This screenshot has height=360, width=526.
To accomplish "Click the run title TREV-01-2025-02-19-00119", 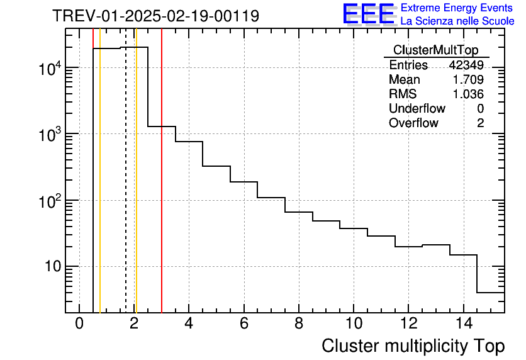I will click(155, 16).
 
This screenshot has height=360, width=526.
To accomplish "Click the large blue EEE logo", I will click(368, 14).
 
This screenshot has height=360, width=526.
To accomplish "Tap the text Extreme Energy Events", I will click(457, 8).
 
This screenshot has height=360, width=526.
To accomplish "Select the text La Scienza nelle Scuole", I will click(457, 21).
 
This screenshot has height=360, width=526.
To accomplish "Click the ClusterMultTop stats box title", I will click(435, 50).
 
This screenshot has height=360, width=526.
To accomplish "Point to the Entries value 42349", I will click(466, 65).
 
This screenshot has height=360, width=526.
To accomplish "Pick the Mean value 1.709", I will click(468, 80).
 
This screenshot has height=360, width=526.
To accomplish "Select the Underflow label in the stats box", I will click(417, 109).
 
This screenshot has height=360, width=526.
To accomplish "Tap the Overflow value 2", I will click(480, 123).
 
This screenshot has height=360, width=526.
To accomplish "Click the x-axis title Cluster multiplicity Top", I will click(413, 346).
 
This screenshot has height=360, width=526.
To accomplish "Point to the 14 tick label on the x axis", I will click(462, 324).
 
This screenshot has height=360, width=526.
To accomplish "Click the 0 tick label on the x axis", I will click(79, 324).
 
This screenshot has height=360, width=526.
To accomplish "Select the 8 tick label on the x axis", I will click(298, 324).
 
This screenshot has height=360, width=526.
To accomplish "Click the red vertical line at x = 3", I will click(162, 189).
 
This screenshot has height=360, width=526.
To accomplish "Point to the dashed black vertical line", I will click(126, 189).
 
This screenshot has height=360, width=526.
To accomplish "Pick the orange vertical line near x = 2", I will click(136, 189).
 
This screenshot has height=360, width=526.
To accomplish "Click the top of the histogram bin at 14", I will click(463, 255).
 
